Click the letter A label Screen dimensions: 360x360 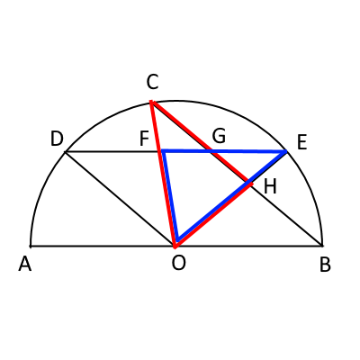coord(25,265)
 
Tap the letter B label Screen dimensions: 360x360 coord(325,265)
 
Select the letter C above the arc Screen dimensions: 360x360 coord(152,82)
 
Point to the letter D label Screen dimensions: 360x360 coord(57,139)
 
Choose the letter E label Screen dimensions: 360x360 coord(301,142)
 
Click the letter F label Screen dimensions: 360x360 coord(144,139)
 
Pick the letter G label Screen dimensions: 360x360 coord(219,136)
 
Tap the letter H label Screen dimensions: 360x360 coord(270,186)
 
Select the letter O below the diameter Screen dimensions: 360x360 coord(179,263)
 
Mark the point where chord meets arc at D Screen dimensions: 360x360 coord(66,152)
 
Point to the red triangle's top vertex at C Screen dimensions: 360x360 coord(151,102)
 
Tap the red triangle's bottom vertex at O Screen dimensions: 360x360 coord(175,247)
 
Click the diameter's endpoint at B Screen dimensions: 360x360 coord(322,246)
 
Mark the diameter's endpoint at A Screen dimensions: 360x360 coord(31,247)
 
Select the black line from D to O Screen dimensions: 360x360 coord(120,199)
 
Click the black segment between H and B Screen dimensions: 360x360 coord(286,215)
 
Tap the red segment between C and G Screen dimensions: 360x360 coord(182,126)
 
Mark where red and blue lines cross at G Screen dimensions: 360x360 coord(212,151)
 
